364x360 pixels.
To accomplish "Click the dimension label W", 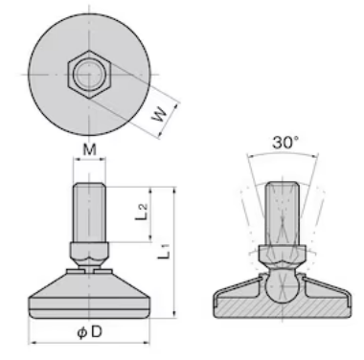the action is pos(159,115).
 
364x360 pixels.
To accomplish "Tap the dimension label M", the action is pos(89,149).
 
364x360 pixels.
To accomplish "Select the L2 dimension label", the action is pos(141,212).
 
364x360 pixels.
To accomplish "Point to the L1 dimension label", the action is pos(164,251).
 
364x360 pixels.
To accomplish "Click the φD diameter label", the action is pos(89,332).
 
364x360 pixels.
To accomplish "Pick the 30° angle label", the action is pos(285,143).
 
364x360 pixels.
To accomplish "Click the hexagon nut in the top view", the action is pos(89,74).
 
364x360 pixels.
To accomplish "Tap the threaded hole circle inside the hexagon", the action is pos(89,74).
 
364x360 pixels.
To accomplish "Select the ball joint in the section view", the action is pos(282,286).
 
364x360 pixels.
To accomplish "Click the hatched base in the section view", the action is pos(283,306).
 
